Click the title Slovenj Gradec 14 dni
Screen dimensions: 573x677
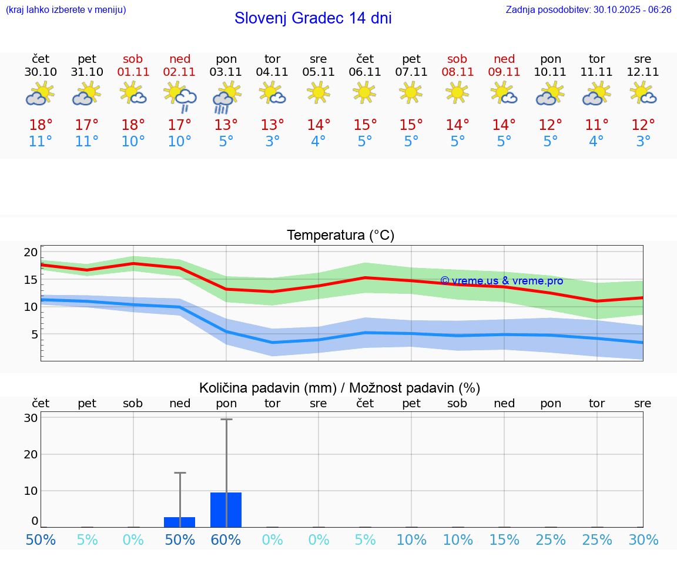tap(313, 18)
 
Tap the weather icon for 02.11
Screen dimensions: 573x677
tap(180, 96)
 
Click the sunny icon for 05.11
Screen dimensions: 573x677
tap(319, 92)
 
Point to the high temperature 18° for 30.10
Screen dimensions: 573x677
tap(41, 125)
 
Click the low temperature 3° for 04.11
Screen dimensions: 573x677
tap(272, 142)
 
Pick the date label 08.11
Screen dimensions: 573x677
tap(457, 72)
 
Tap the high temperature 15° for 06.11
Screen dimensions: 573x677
tap(365, 125)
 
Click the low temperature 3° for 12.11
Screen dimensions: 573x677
tap(643, 142)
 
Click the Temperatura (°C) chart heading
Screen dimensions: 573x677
tap(340, 236)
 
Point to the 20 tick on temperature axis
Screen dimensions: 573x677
tap(31, 253)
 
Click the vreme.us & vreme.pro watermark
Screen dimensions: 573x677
tap(501, 281)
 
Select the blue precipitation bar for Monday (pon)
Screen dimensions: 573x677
tap(226, 510)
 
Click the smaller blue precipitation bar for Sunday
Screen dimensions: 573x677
tap(180, 522)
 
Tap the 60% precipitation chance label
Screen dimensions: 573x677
tap(226, 540)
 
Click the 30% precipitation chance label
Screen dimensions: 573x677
tap(643, 540)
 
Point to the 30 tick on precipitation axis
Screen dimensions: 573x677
tap(31, 418)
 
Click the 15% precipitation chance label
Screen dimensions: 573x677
tap(504, 540)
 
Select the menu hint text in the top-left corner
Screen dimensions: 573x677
tap(65, 9)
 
